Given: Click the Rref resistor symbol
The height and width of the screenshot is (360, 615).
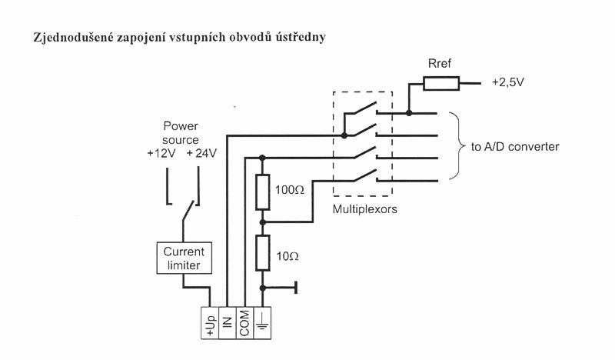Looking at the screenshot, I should coord(443,83).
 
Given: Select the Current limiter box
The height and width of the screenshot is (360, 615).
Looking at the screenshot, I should coord(182,258).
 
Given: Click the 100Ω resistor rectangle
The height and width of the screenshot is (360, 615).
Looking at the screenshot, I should coord(262,192).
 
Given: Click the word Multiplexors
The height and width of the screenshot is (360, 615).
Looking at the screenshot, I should coord(364,209).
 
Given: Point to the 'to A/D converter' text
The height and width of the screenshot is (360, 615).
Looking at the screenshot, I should coord(514,147).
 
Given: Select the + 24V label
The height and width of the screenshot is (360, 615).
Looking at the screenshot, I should coord(202,152).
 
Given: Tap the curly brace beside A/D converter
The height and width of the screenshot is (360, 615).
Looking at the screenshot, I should coord(457,146).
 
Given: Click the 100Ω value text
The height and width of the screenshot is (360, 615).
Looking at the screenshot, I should coord(293,188).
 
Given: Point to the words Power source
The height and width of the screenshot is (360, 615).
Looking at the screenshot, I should coord(181,133).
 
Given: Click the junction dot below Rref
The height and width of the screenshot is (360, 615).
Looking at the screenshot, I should coord(409,113).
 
